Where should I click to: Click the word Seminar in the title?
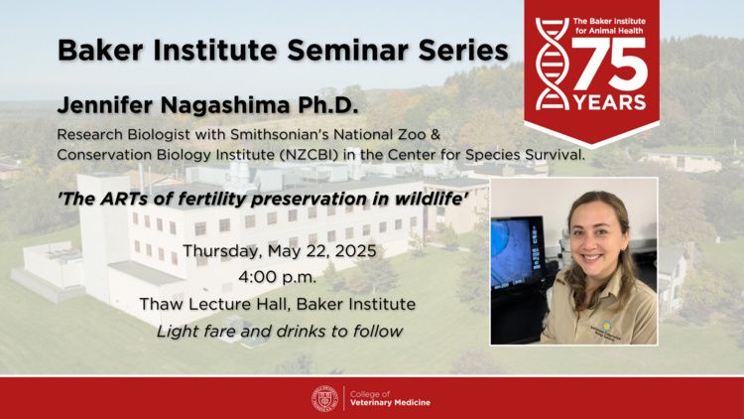point(343,50)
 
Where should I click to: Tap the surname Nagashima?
point(225,105)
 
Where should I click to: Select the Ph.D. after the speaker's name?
point(328,105)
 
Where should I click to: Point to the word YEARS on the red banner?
point(610,102)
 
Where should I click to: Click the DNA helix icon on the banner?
point(553,64)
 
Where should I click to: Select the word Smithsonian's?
point(280,134)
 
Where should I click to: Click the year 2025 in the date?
point(355,251)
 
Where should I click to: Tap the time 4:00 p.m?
point(277,277)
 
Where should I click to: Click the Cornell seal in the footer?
point(325,398)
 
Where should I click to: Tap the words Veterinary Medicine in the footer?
point(390,403)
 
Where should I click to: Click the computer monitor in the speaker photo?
point(517,252)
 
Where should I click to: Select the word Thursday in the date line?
point(221,251)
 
